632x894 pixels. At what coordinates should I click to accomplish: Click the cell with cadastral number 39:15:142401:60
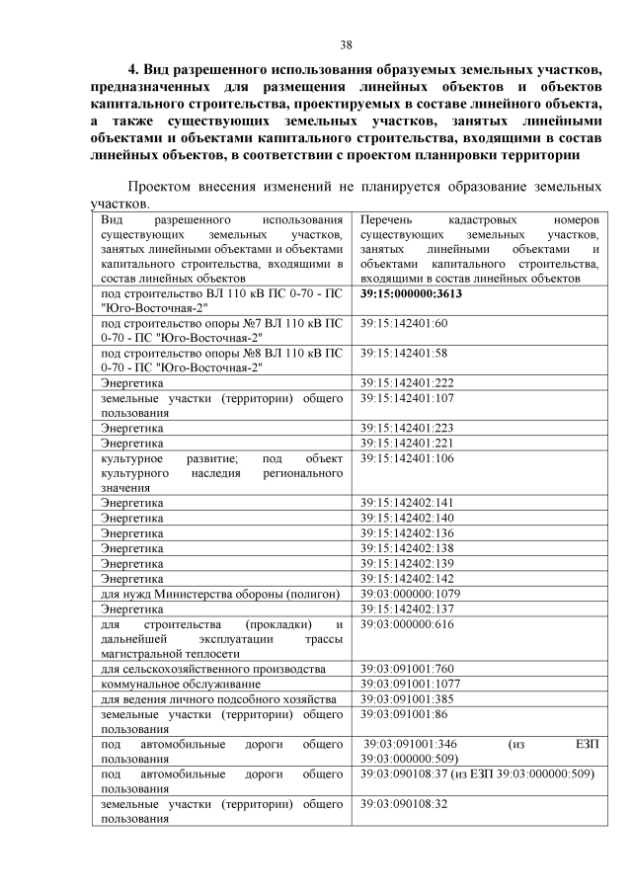pyautogui.click(x=405, y=323)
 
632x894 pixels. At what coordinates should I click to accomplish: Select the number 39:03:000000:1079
pyautogui.click(x=411, y=594)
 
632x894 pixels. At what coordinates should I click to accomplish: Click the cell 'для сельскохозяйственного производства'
pyautogui.click(x=204, y=669)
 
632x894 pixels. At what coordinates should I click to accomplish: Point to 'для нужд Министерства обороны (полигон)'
pyautogui.click(x=220, y=594)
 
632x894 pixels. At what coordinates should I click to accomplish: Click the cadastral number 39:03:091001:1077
pyautogui.click(x=411, y=683)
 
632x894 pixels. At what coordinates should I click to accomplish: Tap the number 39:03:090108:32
pyautogui.click(x=405, y=804)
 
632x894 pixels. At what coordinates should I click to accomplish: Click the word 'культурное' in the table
pyautogui.click(x=129, y=458)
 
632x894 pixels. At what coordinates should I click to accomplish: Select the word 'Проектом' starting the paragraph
pyautogui.click(x=162, y=187)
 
